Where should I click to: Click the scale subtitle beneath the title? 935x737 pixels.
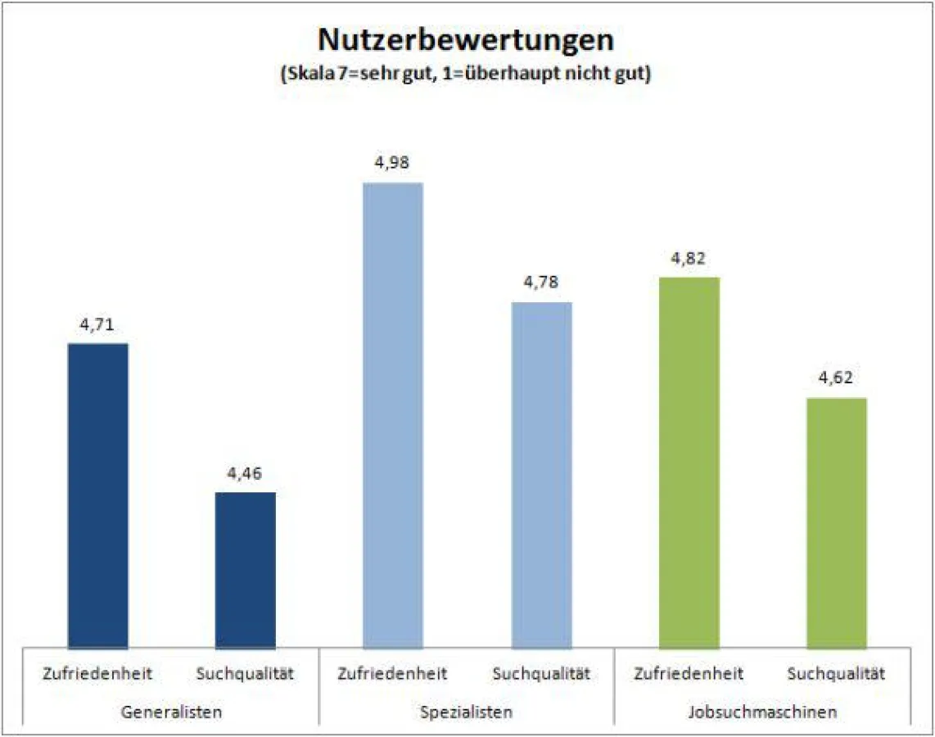coord(466,73)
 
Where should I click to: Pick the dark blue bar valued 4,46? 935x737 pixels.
coord(246,570)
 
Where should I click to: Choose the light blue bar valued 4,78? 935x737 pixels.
coord(541,475)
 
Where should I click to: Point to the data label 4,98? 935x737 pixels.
coord(393,164)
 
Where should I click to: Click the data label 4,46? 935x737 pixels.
coord(246,474)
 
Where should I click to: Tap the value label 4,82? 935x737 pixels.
coord(689,260)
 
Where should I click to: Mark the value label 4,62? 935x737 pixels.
coord(836,380)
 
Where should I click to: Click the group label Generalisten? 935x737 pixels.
coord(171,712)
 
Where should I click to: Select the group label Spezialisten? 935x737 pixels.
coord(466,712)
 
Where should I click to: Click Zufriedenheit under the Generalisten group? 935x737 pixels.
coord(98,674)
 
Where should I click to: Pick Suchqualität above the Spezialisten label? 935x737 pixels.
coord(541,674)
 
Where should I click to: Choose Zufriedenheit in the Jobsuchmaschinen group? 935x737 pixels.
coord(689,674)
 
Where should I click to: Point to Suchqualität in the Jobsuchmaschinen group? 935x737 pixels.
coord(836,674)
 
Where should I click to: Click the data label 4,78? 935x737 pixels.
coord(541,283)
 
